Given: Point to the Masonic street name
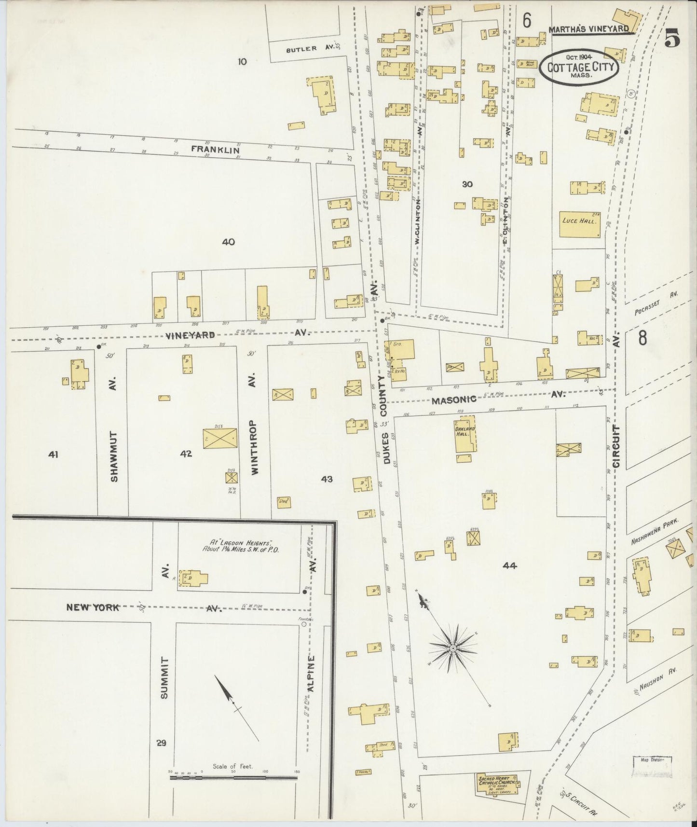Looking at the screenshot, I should (x=454, y=400).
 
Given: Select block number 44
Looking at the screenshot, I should (x=509, y=565).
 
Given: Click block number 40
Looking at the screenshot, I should (x=228, y=242).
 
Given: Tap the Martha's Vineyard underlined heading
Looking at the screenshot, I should (x=588, y=29).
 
